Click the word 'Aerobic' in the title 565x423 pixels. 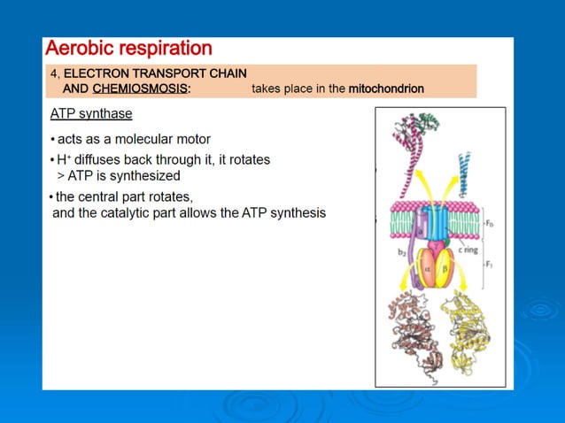pos(81,48)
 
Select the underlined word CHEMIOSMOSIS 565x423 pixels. pos(140,89)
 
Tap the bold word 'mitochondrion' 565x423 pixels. pos(386,89)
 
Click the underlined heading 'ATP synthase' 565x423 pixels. pos(91,115)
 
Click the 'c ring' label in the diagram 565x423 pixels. pos(468,250)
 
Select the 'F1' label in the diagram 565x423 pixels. pos(489,265)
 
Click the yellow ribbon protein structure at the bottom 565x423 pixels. pos(468,332)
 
